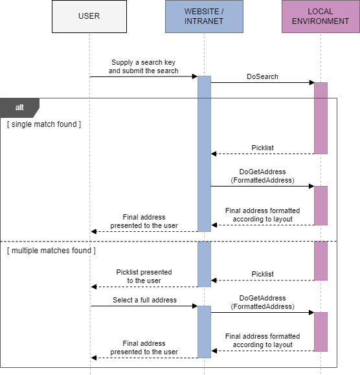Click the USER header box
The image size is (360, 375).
(x=89, y=16)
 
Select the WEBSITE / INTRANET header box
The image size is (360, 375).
(x=204, y=16)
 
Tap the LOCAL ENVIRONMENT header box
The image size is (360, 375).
(x=320, y=16)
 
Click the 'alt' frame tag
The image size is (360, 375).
(x=19, y=108)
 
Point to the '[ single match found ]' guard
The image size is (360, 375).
(x=44, y=124)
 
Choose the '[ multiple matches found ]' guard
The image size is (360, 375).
(x=52, y=251)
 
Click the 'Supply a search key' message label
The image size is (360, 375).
(x=143, y=67)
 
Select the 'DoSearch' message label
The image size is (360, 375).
(x=262, y=76)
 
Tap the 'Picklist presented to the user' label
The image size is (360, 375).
(x=144, y=277)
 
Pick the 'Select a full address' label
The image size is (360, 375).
(x=144, y=301)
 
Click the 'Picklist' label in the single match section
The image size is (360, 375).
(x=262, y=148)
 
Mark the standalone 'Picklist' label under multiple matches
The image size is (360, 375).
(x=262, y=275)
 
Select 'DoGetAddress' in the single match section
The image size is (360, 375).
(x=262, y=176)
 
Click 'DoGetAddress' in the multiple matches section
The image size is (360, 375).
(x=262, y=302)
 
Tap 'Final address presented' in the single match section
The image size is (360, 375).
(x=144, y=222)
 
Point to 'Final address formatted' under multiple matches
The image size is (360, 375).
(x=262, y=341)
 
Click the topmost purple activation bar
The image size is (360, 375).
(x=321, y=118)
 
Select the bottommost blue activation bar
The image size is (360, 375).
(x=204, y=332)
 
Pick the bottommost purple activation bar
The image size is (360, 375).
(x=321, y=332)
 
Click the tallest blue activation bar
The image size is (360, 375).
(x=204, y=153)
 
